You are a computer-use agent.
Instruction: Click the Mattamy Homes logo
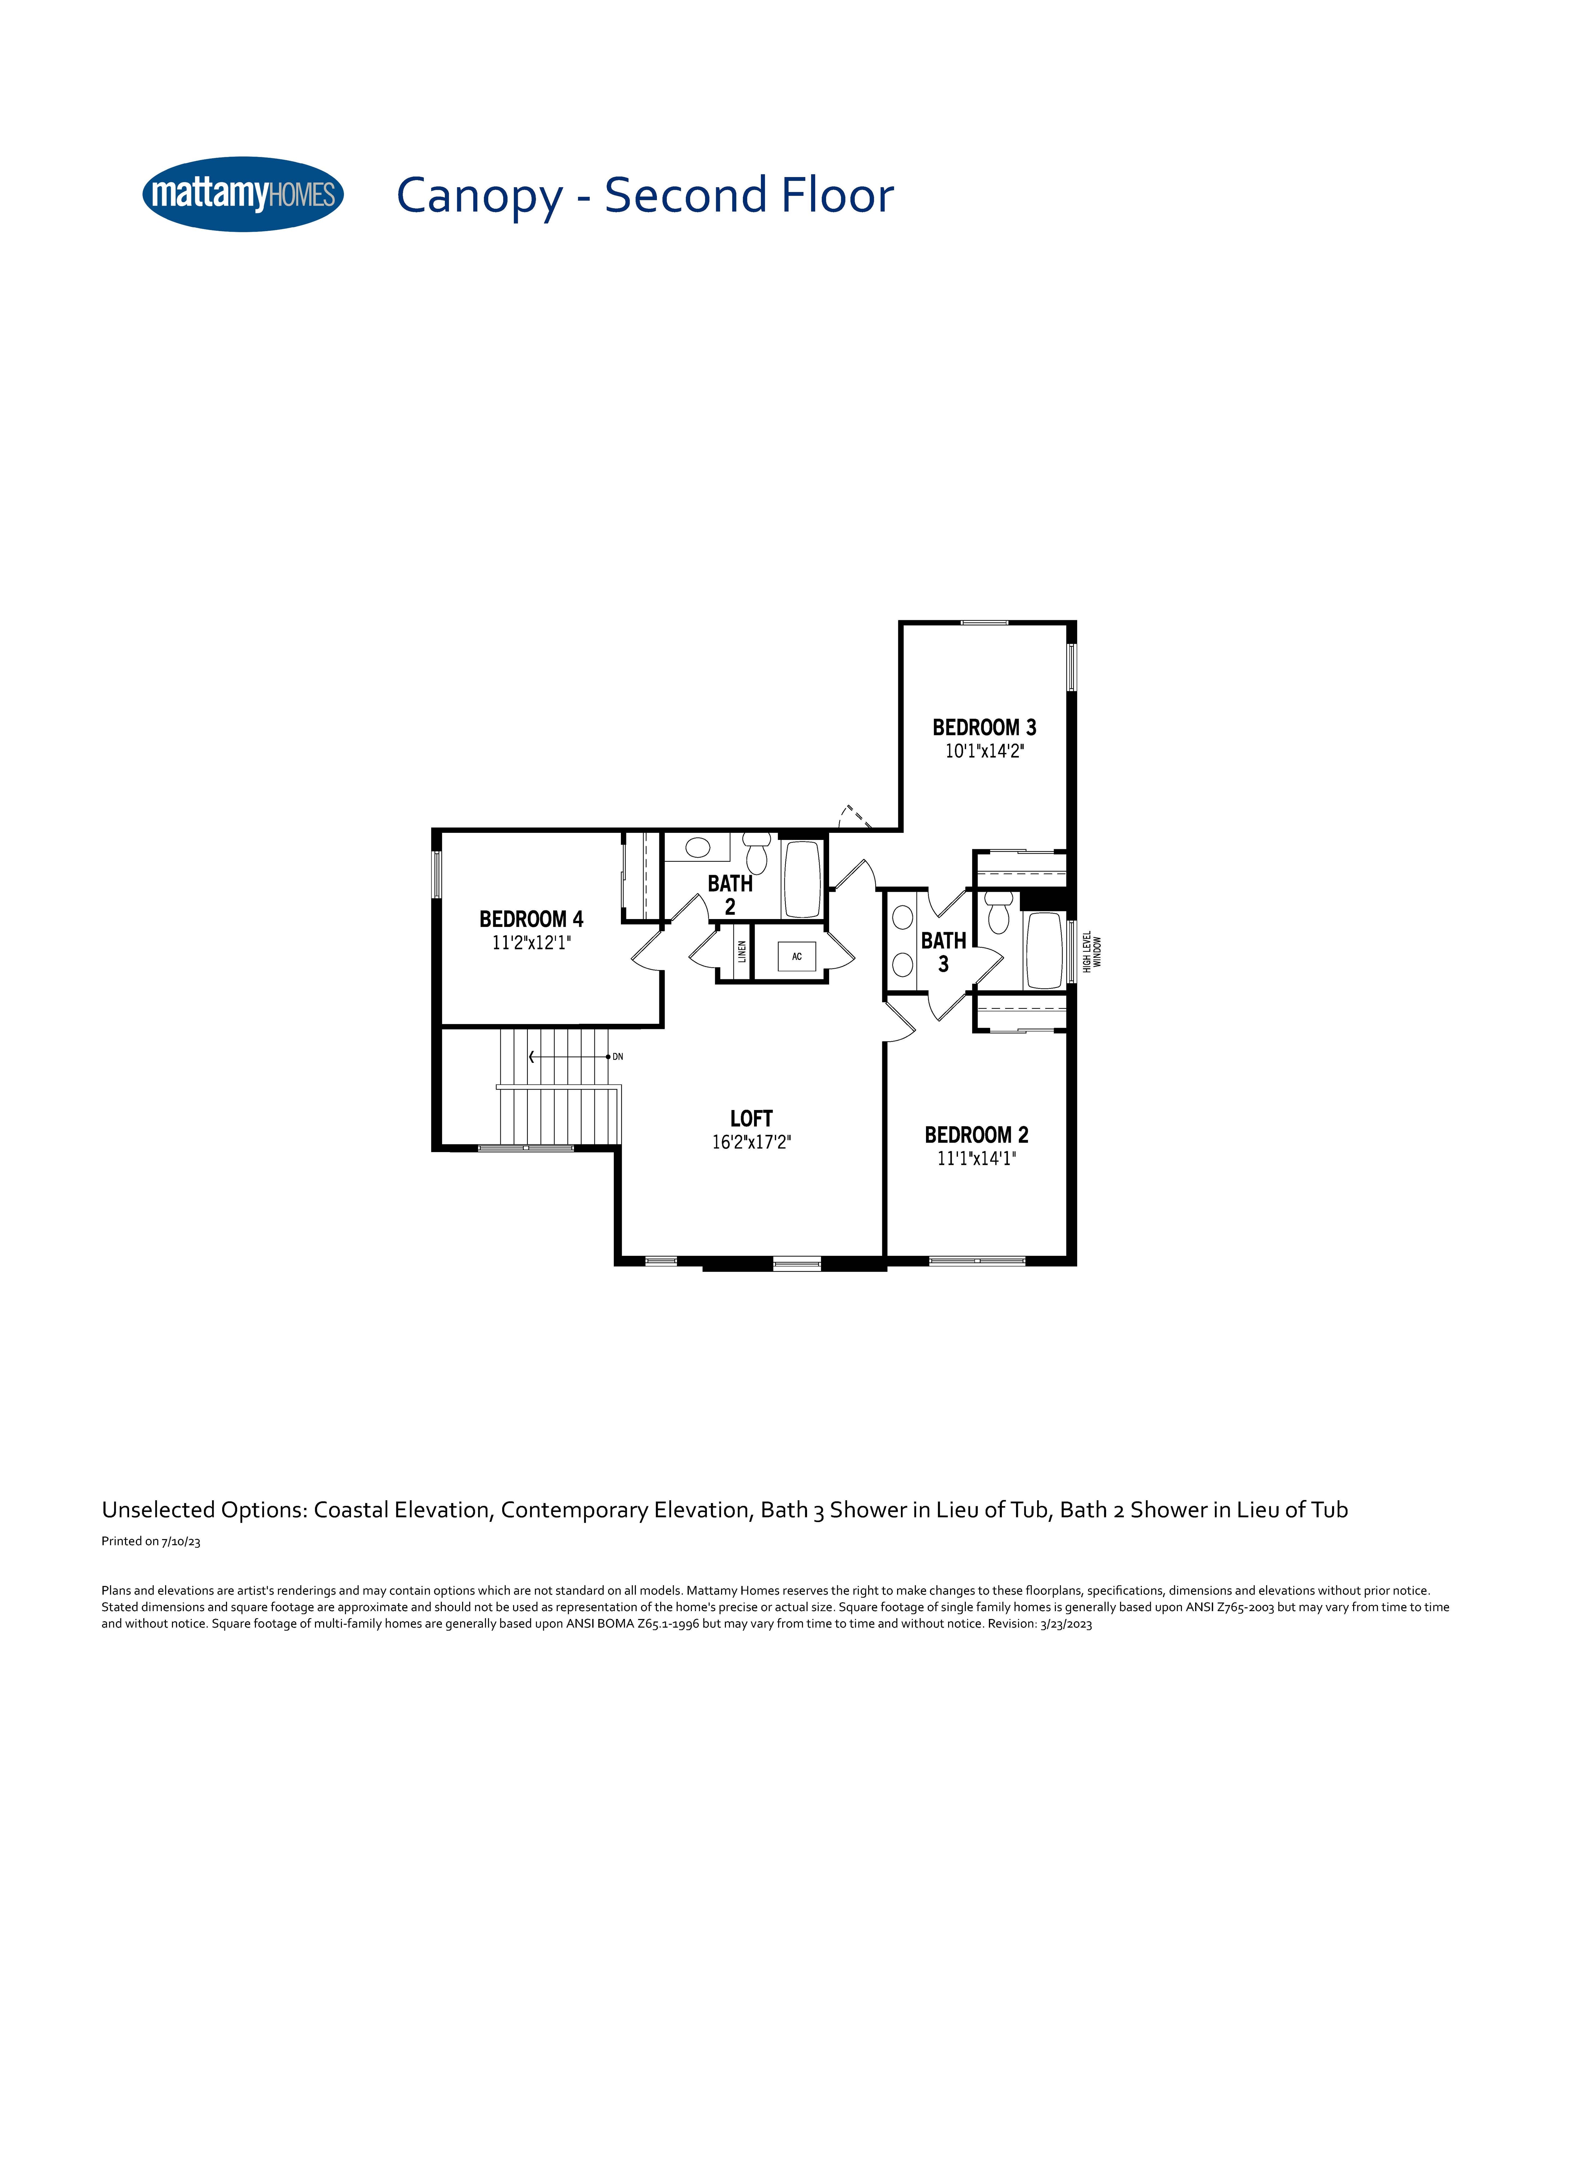pos(243,195)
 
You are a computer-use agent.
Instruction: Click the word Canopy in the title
pos(480,196)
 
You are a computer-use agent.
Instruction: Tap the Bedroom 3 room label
pos(984,728)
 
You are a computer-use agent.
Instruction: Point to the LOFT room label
pos(751,1119)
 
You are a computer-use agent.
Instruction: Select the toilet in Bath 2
pos(757,853)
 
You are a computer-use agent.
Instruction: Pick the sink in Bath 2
pos(698,848)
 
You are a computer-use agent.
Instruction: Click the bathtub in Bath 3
pos(1044,950)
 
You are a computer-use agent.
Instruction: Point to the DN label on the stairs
pos(618,1057)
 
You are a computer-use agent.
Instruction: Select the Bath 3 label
pos(943,952)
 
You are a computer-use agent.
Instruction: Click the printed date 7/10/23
pos(181,1541)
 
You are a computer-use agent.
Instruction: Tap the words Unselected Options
pos(204,1509)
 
